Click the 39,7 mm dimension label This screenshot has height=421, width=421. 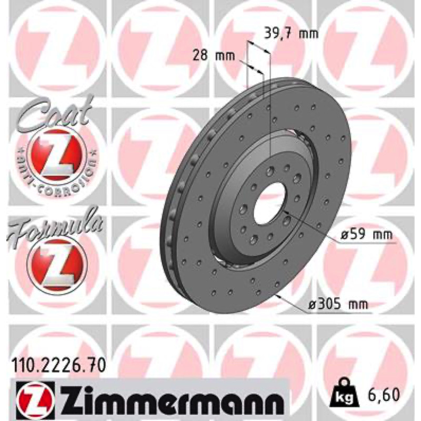coord(292,34)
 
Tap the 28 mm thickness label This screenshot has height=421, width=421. coord(214,56)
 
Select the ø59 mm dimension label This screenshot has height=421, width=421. coord(366,235)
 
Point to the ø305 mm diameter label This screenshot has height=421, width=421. coord(338,305)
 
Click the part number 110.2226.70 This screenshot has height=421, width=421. coord(58,366)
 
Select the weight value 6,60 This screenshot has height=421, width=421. coord(384,394)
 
